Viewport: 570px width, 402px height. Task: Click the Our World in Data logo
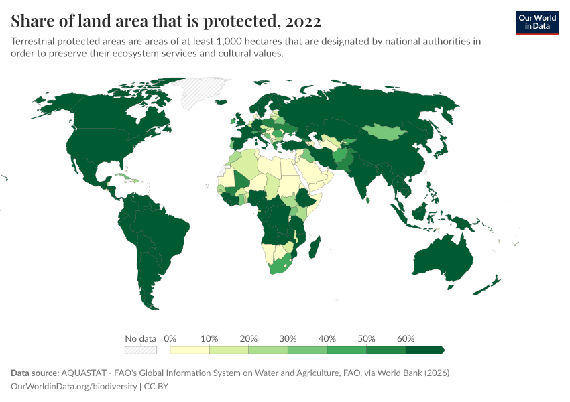tap(536, 22)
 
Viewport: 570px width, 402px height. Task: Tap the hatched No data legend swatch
tap(140, 350)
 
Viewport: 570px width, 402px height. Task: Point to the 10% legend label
tap(210, 338)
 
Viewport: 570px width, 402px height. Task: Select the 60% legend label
tap(406, 338)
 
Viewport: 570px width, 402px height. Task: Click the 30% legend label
tap(288, 338)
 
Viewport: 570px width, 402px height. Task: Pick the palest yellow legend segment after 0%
tap(190, 350)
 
